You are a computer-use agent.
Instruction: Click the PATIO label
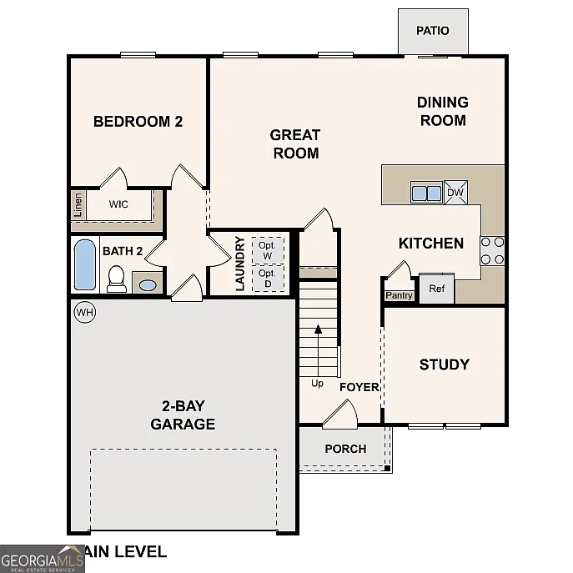432,31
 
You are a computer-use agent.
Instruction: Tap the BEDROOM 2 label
138,121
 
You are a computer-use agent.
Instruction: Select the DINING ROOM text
442,111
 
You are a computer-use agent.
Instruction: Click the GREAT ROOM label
295,143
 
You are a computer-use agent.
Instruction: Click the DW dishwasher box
455,193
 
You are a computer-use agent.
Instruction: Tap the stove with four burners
492,250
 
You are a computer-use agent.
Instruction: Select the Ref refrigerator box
436,289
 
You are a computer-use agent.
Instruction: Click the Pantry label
399,295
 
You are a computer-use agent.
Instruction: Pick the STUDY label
444,364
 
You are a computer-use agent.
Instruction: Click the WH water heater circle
84,312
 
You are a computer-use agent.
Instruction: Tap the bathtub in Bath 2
85,264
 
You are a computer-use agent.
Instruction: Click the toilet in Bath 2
117,278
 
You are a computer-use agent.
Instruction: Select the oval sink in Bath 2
147,284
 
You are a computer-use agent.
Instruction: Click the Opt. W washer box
267,250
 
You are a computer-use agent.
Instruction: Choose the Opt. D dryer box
267,279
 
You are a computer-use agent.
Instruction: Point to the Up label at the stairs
317,384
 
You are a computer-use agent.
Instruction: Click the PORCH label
345,449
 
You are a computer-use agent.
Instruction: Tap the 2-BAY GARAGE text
183,415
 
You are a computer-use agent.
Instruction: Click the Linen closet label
78,205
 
